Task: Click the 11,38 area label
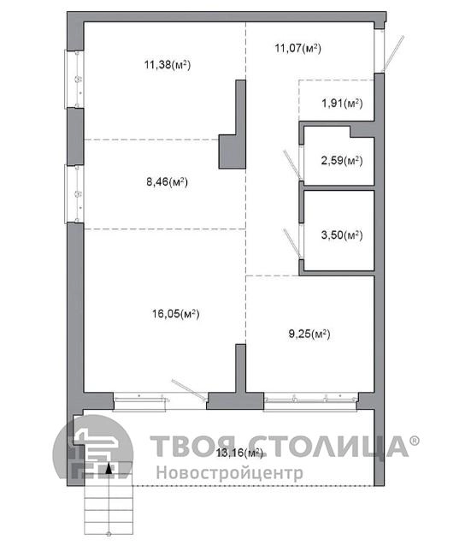click(168, 65)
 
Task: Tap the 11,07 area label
click(297, 48)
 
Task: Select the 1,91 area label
click(342, 104)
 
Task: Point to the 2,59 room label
click(342, 161)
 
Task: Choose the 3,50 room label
click(342, 234)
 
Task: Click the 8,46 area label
click(167, 182)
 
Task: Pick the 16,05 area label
click(176, 313)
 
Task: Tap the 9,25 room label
click(309, 334)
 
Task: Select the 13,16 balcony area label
click(239, 453)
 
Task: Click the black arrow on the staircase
click(109, 468)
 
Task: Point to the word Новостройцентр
click(230, 472)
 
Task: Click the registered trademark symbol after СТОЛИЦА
click(415, 441)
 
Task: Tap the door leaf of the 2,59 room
click(292, 164)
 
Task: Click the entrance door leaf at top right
click(393, 53)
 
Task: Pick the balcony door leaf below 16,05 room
click(190, 389)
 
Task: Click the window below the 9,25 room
click(310, 401)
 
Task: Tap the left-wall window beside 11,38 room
click(74, 79)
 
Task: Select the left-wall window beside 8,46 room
click(74, 193)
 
